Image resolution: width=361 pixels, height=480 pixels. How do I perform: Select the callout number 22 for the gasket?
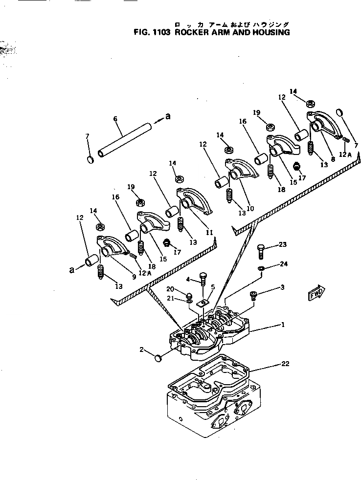[286, 364]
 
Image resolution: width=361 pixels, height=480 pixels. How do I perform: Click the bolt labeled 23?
[260, 252]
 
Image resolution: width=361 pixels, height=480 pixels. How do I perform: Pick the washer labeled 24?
[261, 268]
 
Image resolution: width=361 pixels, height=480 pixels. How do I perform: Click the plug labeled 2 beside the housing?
[158, 359]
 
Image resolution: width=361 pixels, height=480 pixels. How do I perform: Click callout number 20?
[182, 289]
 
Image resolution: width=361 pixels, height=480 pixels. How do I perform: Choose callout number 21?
[182, 299]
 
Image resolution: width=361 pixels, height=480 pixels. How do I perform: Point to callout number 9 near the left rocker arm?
[133, 277]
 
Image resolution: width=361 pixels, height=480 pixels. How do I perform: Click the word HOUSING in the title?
[268, 33]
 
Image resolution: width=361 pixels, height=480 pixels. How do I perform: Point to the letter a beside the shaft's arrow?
[167, 116]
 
